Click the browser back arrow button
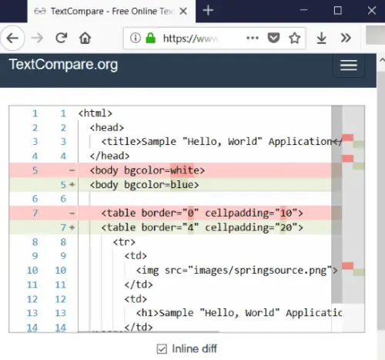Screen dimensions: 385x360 point(12,39)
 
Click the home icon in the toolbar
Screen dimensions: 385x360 point(85,39)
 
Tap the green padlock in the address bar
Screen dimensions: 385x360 point(151,38)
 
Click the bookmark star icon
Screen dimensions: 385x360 point(294,39)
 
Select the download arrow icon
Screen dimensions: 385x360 point(321,39)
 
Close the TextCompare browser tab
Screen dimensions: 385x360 point(183,11)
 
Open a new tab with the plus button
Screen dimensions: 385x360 point(208,11)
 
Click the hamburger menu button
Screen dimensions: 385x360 point(349,66)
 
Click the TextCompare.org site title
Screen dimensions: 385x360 point(63,64)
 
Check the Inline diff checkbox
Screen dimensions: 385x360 point(162,349)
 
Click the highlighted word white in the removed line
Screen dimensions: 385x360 point(182,170)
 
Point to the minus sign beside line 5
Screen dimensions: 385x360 point(72,170)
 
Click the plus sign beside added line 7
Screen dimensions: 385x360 point(72,227)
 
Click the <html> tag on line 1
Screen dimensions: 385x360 point(95,113)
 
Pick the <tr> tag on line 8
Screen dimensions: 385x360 point(124,242)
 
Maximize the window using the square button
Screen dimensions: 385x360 point(337,11)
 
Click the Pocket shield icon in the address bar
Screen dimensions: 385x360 point(273,38)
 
